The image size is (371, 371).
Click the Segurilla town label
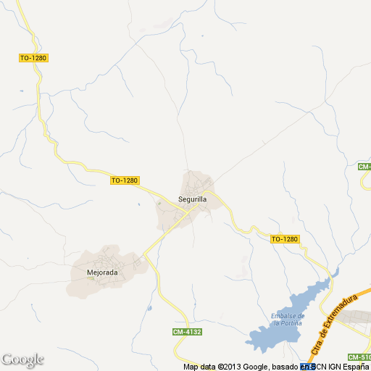(193, 199)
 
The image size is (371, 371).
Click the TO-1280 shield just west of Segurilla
(125, 180)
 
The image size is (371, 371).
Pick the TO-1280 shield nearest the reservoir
(285, 238)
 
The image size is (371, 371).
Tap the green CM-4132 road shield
(186, 332)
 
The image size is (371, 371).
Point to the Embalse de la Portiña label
(287, 319)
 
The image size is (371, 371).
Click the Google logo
(22, 359)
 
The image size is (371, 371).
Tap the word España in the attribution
(354, 367)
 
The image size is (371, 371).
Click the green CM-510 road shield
(359, 357)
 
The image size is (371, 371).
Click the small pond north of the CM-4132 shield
(150, 309)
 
